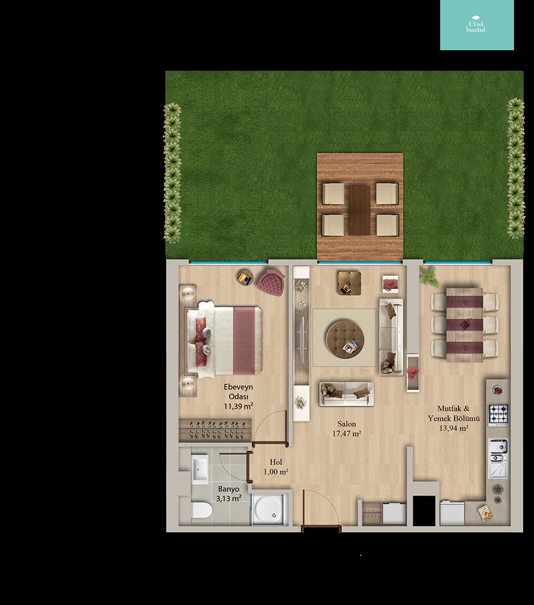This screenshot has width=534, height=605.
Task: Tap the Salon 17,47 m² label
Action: coord(347,429)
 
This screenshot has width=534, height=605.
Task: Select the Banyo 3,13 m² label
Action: coord(229,494)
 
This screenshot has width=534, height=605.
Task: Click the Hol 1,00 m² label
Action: coord(276,466)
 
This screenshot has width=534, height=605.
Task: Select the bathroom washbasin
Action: coord(200,469)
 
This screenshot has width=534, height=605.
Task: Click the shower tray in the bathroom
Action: coord(270,509)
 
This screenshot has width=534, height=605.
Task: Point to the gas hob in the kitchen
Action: coord(498,414)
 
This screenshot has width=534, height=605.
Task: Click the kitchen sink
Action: coord(498,458)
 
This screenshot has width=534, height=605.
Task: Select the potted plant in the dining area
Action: coord(429,276)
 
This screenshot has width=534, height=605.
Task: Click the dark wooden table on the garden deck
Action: coord(360,209)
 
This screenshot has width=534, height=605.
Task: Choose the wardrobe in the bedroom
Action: coord(215,430)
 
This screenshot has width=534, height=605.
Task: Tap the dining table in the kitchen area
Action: coord(464,325)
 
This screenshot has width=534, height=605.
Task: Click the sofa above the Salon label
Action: coord(346,394)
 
